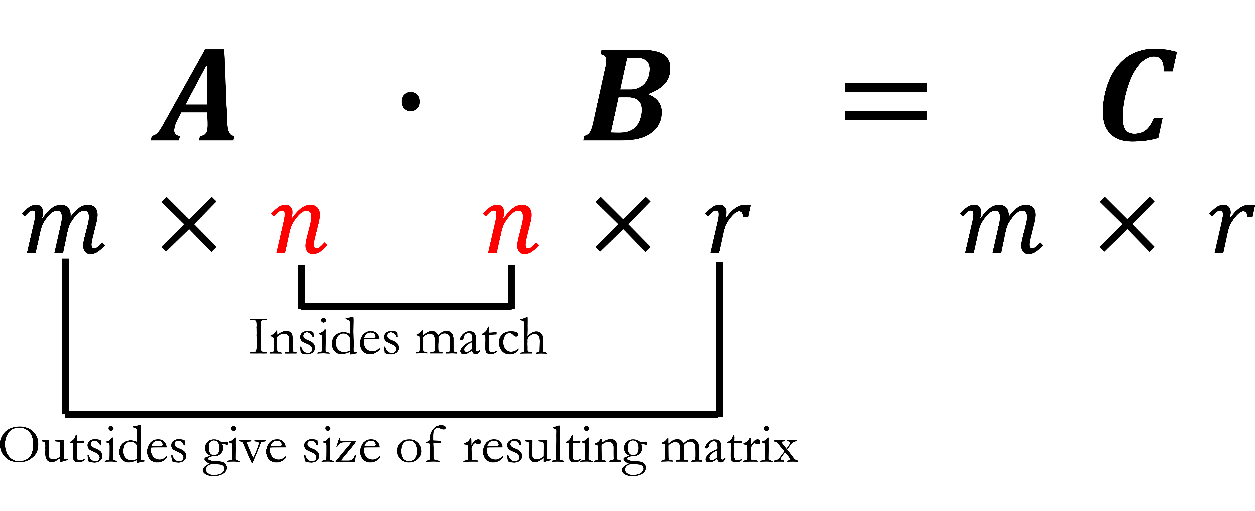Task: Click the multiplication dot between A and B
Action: tap(411, 101)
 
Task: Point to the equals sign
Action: tap(885, 101)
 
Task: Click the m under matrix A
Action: tap(63, 228)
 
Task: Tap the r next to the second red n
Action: tap(727, 228)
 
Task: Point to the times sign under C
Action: tap(1127, 224)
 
